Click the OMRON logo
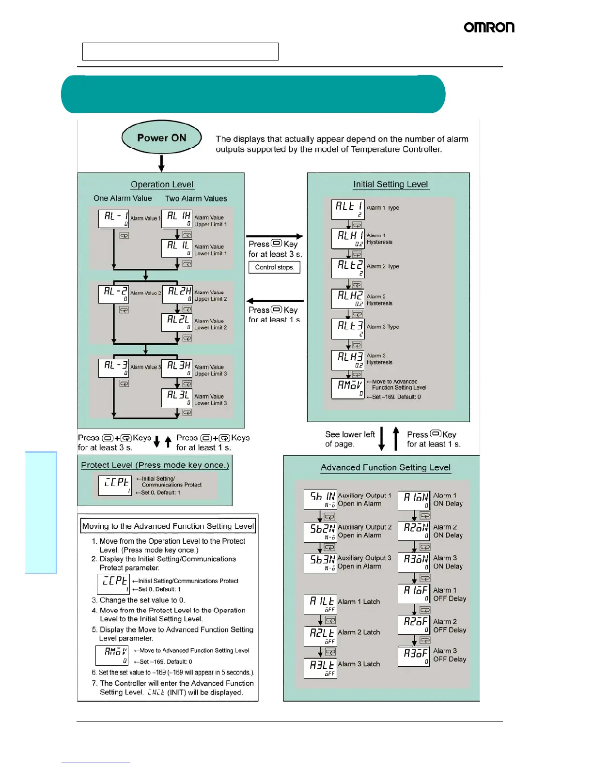[489, 28]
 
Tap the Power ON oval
[161, 138]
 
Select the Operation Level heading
[162, 184]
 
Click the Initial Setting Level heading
[390, 184]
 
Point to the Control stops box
[274, 267]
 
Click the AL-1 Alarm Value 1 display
[113, 218]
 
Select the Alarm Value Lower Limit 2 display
[177, 322]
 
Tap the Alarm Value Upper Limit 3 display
[177, 368]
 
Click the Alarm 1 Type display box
[347, 209]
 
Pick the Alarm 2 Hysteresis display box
[347, 298]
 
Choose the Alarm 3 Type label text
[383, 327]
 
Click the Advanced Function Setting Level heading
[385, 468]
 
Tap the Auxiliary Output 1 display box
[320, 499]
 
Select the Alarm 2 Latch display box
[320, 636]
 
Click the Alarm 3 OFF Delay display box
[413, 656]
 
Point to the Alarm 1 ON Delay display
[413, 500]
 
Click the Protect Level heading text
[155, 465]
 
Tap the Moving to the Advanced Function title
[168, 526]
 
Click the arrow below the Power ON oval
[161, 163]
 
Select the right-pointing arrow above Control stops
[275, 236]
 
